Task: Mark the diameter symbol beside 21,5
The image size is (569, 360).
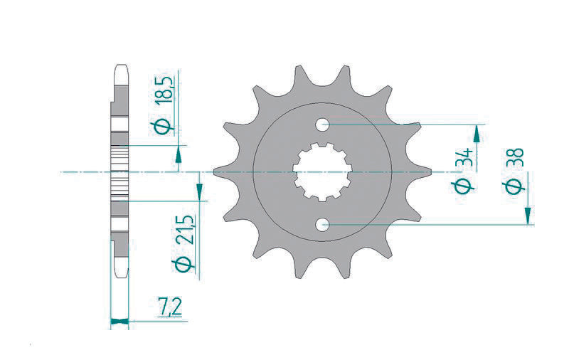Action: (x=184, y=264)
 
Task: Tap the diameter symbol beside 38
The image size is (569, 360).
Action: (x=516, y=186)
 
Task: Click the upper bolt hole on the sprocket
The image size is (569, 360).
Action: (x=323, y=125)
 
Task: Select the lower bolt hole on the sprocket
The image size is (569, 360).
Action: (x=323, y=226)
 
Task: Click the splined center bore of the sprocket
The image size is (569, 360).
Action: (x=322, y=174)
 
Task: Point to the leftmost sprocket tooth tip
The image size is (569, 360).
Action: (x=216, y=171)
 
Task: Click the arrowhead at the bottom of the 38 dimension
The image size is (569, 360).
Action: (x=528, y=216)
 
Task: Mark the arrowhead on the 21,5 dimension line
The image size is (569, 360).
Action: (x=199, y=191)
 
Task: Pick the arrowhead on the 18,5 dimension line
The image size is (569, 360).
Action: (x=177, y=153)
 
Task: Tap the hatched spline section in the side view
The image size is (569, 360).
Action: (x=119, y=172)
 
